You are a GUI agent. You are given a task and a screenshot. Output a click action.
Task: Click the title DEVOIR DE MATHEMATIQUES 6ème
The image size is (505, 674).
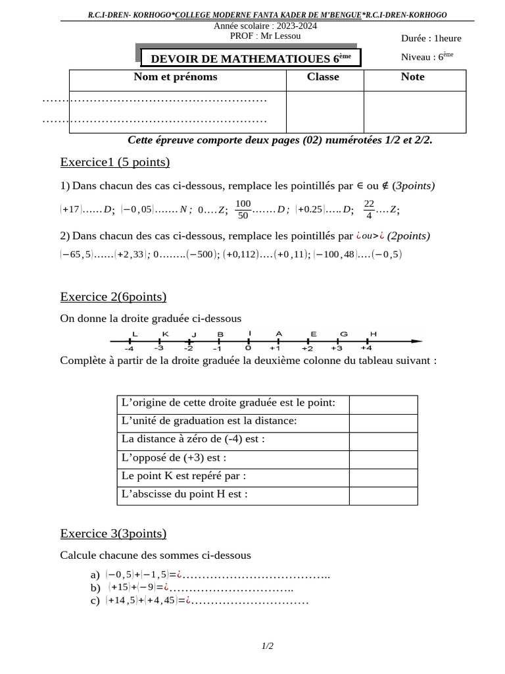coord(251,59)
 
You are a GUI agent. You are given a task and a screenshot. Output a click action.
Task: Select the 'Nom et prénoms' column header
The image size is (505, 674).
coord(176,77)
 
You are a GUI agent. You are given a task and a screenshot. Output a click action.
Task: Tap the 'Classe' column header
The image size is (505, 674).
coord(323,77)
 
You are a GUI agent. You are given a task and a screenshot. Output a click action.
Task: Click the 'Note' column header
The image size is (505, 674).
coord(412,77)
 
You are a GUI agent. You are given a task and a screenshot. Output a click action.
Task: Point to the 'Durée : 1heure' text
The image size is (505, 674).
coord(431,38)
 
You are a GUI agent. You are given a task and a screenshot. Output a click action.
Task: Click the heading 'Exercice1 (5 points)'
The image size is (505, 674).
coord(114,162)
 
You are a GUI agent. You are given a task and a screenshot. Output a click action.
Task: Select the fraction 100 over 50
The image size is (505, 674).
coord(243,209)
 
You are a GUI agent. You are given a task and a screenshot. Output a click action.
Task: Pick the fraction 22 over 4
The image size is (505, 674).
coord(369,209)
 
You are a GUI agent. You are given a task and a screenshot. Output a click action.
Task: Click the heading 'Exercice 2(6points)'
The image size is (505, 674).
coord(113,296)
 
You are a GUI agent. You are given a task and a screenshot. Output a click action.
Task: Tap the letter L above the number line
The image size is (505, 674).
coord(135,334)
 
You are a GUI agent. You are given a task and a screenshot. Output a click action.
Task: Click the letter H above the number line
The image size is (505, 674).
coord(373,334)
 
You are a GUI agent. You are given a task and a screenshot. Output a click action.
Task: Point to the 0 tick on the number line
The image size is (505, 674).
coord(248,342)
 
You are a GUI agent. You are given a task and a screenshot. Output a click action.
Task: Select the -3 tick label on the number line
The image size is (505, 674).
coord(158,348)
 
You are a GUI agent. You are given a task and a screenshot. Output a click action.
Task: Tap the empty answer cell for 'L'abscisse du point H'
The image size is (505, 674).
coord(383,495)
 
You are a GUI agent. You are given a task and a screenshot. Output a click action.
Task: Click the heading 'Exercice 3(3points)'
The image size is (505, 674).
coord(113,533)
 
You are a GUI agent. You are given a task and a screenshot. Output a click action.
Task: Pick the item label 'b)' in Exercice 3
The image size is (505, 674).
coord(95,588)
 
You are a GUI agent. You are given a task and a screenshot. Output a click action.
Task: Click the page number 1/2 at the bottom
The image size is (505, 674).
coord(267,646)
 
